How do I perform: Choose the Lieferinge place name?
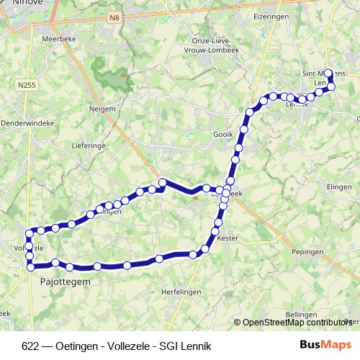[x=89, y=144]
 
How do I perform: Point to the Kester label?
[x=228, y=237]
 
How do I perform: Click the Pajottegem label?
[x=60, y=282]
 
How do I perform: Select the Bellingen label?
[x=301, y=315]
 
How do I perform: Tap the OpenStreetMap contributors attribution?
[x=297, y=323]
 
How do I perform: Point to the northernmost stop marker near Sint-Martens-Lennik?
[x=328, y=73]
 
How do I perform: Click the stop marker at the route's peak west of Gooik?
[x=163, y=182]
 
